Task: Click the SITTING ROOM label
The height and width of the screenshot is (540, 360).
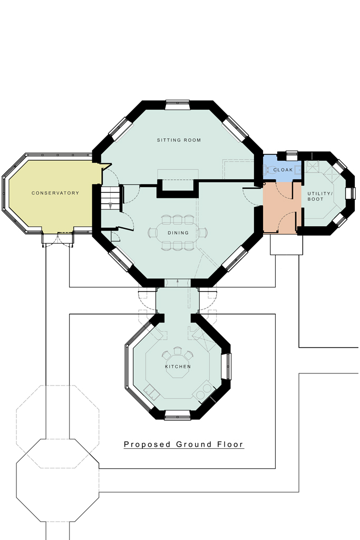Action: (179, 140)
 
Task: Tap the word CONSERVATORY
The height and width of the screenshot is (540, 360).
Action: (55, 193)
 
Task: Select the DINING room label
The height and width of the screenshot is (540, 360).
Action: (175, 233)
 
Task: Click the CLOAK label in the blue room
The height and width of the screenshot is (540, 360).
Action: (283, 170)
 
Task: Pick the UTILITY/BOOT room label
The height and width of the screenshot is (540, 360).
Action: (316, 197)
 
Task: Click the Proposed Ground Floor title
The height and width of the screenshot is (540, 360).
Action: (183, 445)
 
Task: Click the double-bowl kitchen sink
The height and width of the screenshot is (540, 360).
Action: (153, 392)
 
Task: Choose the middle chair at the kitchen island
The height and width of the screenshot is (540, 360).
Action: (177, 351)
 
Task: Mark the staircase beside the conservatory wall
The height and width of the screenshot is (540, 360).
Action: (111, 198)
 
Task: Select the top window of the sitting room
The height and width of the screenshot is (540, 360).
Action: (178, 105)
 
